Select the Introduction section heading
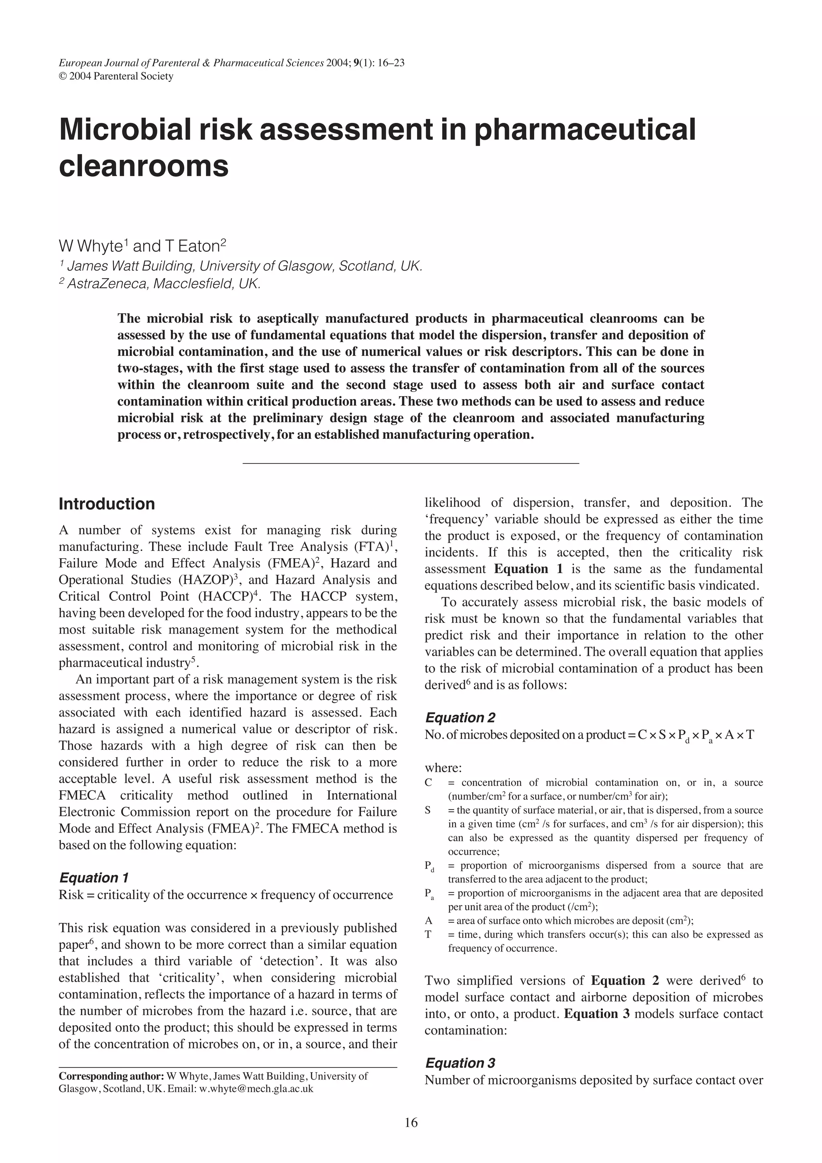tap(107, 504)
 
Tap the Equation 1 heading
tap(94, 877)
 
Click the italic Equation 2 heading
tap(460, 717)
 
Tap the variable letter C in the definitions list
tap(428, 783)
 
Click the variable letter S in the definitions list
tap(428, 810)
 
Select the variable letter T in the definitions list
tap(428, 934)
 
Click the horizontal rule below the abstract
tap(411, 463)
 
